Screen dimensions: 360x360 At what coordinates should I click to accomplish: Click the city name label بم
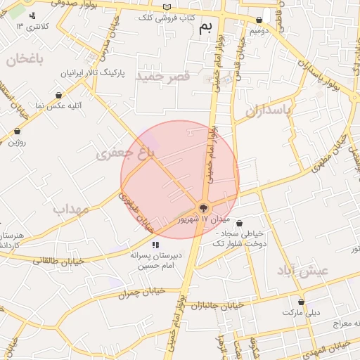(x=205, y=27)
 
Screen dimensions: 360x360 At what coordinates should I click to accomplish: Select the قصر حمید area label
(x=163, y=75)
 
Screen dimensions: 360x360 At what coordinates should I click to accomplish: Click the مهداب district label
(x=69, y=209)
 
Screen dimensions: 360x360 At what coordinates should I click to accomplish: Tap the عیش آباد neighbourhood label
(x=302, y=271)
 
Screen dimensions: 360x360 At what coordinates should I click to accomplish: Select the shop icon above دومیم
(x=259, y=20)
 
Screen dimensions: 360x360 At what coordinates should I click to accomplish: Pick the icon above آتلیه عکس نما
(x=58, y=95)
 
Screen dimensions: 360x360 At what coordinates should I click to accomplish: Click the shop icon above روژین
(x=17, y=131)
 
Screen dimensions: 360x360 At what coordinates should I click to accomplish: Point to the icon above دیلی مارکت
(x=301, y=301)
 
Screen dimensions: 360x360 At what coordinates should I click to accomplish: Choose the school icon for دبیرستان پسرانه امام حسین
(x=155, y=245)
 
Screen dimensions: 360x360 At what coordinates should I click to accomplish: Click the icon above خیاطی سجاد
(x=239, y=223)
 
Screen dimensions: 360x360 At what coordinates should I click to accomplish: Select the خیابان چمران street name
(x=141, y=292)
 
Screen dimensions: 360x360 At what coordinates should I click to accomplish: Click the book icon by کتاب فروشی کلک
(x=167, y=6)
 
